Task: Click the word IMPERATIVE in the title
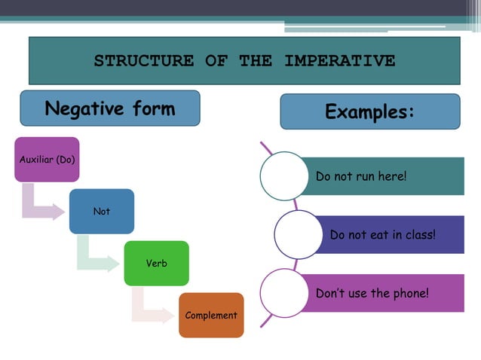click(x=339, y=61)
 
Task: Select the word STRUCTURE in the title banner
click(x=143, y=61)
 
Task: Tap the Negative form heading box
click(x=110, y=108)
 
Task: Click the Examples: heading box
click(x=369, y=111)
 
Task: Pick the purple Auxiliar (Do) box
click(x=47, y=160)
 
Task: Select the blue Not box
click(x=102, y=211)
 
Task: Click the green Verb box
click(x=156, y=263)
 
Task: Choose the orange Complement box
click(x=211, y=315)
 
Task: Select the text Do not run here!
click(x=360, y=176)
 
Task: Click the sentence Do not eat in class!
click(x=382, y=235)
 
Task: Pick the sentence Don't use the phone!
click(x=372, y=293)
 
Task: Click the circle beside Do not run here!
click(x=284, y=176)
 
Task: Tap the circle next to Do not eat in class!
click(x=299, y=235)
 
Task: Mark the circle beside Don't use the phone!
click(x=284, y=293)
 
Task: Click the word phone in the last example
click(x=409, y=293)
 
